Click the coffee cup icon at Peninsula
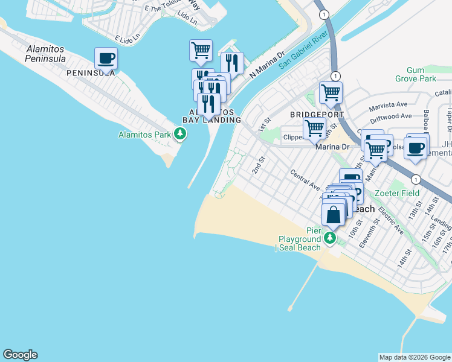106,59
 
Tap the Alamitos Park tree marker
179,134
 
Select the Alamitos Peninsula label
45,54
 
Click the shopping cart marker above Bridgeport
331,93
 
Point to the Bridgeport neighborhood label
317,115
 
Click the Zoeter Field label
397,193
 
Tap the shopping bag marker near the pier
333,214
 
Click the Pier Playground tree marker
330,238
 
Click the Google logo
20,355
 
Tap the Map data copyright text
415,357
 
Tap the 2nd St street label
259,164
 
